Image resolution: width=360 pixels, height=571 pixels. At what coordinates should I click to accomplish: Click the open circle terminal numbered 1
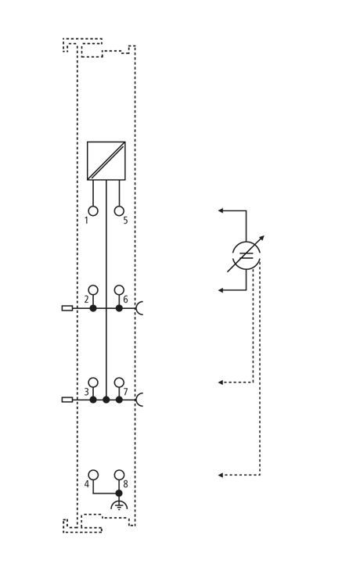(x=93, y=211)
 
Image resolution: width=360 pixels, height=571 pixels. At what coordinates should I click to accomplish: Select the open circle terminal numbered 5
(x=119, y=211)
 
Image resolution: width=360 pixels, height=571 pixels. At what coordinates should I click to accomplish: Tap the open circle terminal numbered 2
(x=93, y=290)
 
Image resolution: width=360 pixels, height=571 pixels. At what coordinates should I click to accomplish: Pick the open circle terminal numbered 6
(x=119, y=290)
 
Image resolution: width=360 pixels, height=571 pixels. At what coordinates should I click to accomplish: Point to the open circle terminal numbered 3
(x=93, y=382)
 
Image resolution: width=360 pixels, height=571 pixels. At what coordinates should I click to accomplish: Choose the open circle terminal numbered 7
(x=119, y=382)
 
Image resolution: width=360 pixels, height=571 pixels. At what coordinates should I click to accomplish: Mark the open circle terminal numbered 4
(x=93, y=475)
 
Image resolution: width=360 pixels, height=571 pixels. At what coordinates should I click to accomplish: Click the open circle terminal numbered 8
(x=119, y=475)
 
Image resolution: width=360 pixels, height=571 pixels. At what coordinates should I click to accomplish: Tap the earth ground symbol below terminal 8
(x=119, y=505)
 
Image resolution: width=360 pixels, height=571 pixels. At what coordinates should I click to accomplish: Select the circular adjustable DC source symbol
(x=247, y=255)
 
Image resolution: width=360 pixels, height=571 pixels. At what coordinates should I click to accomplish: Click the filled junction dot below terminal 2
(x=93, y=308)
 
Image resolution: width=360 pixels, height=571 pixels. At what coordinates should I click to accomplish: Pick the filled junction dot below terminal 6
(x=119, y=308)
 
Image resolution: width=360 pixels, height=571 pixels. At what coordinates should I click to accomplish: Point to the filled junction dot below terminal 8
(x=119, y=493)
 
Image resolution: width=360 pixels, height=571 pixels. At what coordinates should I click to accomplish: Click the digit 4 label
(x=86, y=484)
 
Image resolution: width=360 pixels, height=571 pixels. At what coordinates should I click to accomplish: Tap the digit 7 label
(x=125, y=392)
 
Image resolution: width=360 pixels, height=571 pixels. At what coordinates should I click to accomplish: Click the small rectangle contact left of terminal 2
(x=67, y=308)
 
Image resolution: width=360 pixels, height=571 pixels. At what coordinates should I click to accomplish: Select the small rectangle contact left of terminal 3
(x=67, y=400)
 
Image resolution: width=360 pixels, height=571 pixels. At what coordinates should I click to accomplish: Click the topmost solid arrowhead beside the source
(x=221, y=210)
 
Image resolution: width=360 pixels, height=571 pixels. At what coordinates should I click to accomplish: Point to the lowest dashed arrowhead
(x=221, y=476)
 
